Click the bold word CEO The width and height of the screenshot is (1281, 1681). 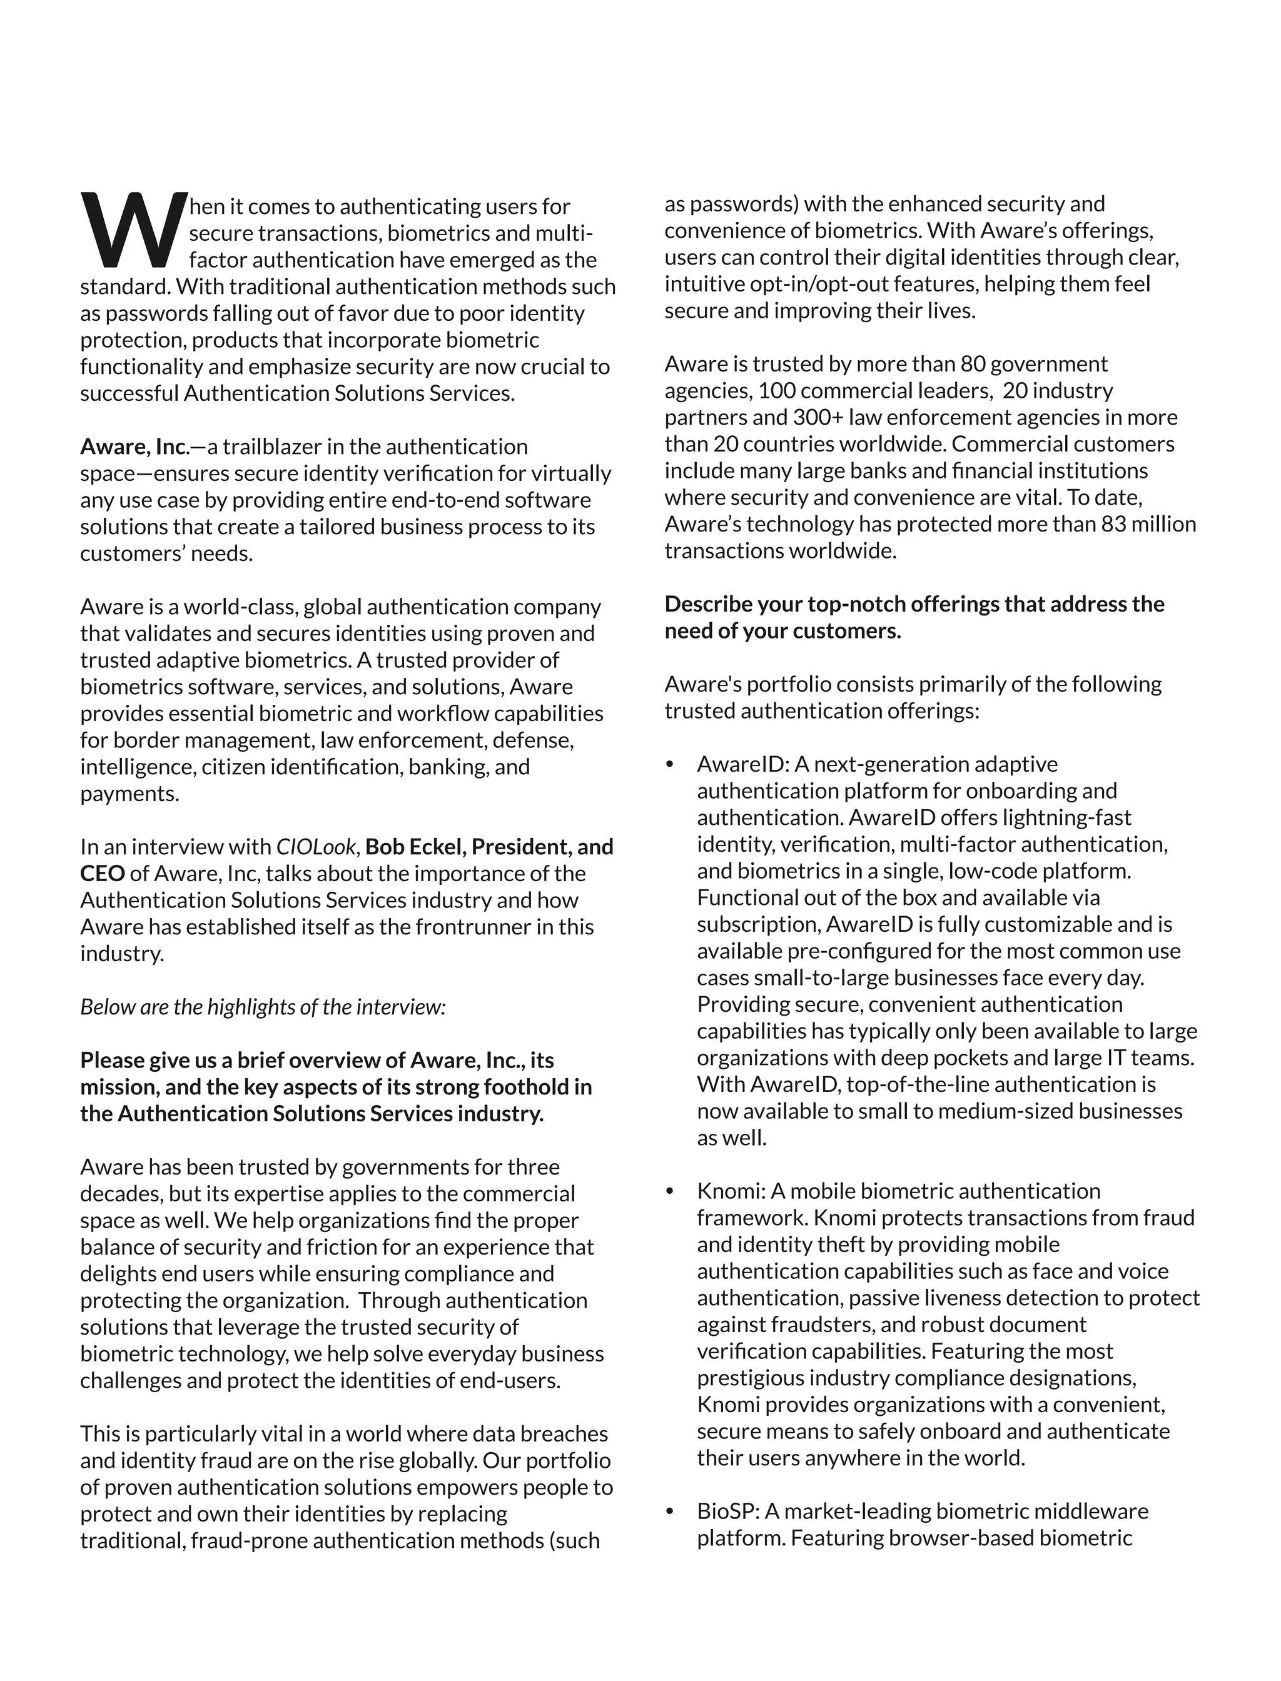tap(102, 874)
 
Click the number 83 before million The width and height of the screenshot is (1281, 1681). tap(1113, 525)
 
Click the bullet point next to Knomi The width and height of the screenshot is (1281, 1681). tap(671, 1191)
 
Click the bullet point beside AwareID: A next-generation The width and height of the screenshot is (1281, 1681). tap(671, 765)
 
